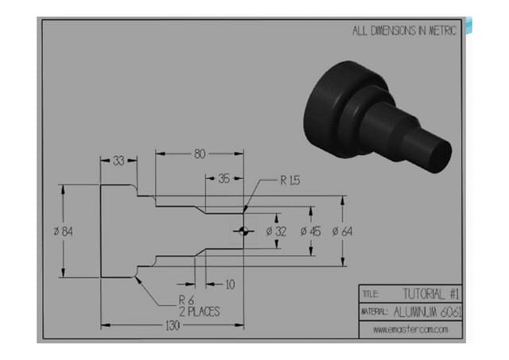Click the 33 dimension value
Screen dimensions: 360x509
pos(119,161)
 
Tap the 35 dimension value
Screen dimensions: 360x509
pos(224,180)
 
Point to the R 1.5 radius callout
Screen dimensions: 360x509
pos(290,180)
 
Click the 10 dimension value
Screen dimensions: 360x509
pos(229,284)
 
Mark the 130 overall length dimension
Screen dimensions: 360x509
pos(173,326)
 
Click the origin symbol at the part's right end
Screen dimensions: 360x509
pos(243,231)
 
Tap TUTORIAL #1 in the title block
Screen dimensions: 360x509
pos(432,293)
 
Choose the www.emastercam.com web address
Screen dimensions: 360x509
pos(410,329)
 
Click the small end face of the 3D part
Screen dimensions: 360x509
pos(438,153)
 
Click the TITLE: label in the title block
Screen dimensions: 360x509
pos(371,294)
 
